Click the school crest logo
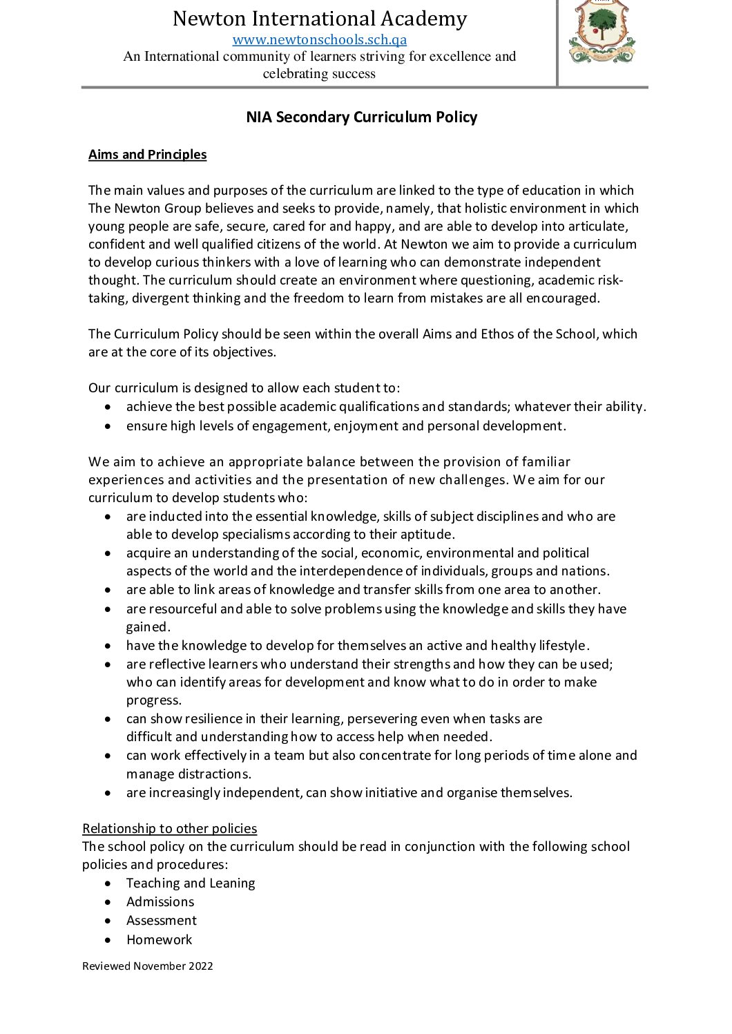(601, 32)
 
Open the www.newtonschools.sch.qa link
(319, 39)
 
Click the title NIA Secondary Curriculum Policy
(361, 117)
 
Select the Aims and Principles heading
(147, 155)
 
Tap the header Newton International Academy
(319, 19)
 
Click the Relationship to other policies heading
(169, 828)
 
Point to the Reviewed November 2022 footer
(147, 966)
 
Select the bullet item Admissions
(160, 901)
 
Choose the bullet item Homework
(160, 939)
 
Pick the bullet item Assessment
(162, 920)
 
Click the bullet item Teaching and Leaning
(191, 883)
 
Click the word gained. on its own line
(148, 626)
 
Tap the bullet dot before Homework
(108, 940)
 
